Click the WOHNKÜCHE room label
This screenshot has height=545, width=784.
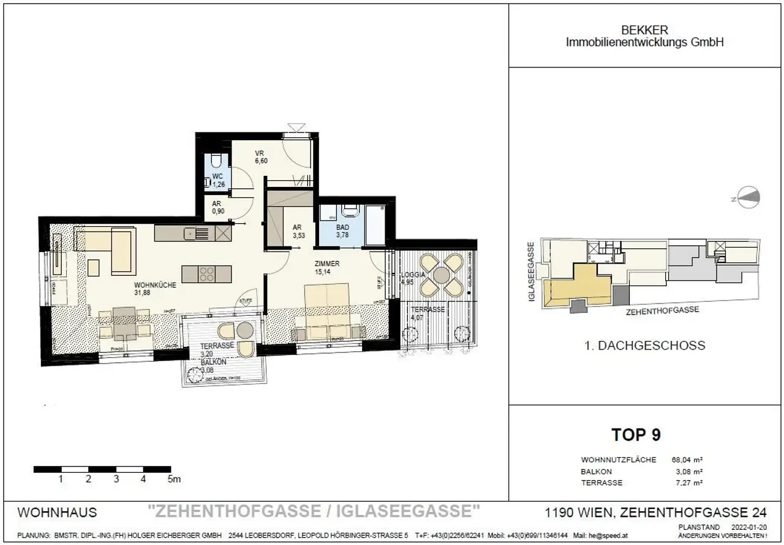pyautogui.click(x=156, y=285)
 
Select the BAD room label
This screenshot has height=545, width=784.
pyautogui.click(x=342, y=227)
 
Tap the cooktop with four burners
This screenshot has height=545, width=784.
pyautogui.click(x=206, y=273)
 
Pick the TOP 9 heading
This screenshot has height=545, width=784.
pyautogui.click(x=636, y=435)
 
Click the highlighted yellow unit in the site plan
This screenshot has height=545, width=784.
pyautogui.click(x=579, y=286)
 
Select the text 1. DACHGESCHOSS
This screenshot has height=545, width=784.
pyautogui.click(x=646, y=346)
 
